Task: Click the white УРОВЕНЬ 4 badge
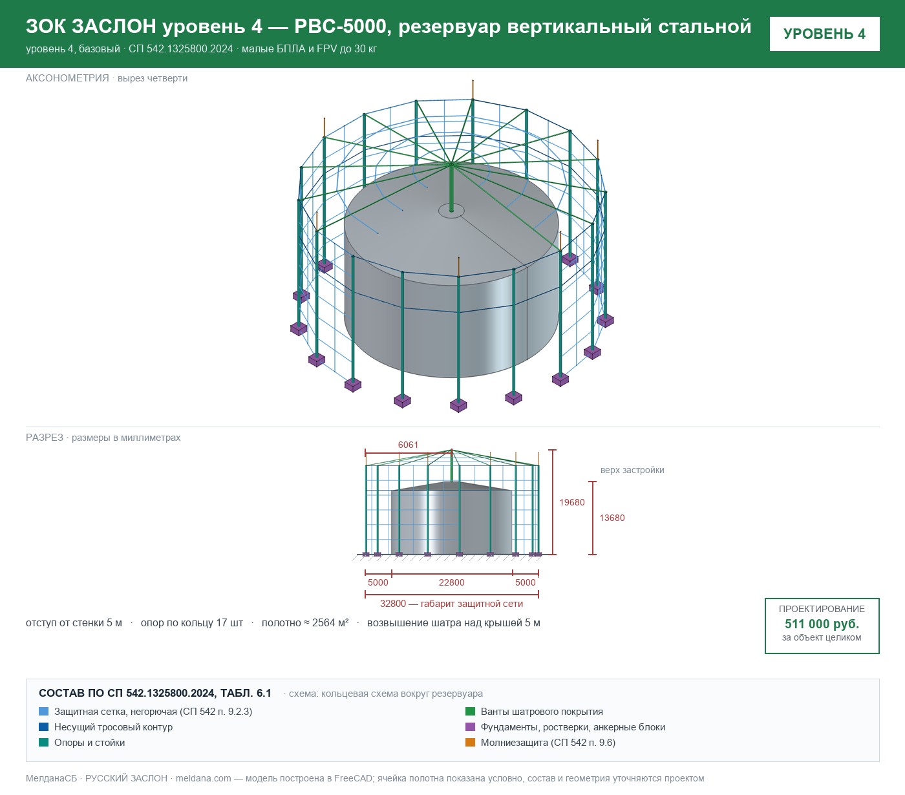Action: (x=824, y=34)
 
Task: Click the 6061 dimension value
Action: (x=408, y=445)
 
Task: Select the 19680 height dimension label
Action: (x=572, y=502)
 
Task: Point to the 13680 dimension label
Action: (x=612, y=518)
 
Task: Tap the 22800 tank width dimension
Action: (x=452, y=582)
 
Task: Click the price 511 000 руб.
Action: (x=822, y=624)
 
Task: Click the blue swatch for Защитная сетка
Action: (x=44, y=712)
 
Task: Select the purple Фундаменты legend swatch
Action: (x=470, y=727)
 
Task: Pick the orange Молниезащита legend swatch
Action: (x=470, y=743)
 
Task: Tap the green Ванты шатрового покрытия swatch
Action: (x=470, y=712)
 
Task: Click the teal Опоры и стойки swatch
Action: (x=44, y=743)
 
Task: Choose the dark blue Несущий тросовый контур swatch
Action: (x=44, y=727)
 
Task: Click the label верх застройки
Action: (x=632, y=470)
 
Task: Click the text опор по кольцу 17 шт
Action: (x=191, y=623)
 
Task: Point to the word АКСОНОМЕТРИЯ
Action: (x=67, y=78)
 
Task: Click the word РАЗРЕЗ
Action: (x=45, y=438)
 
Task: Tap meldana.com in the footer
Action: (x=203, y=778)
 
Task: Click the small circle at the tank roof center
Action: (x=451, y=211)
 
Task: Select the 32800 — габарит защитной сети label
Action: (x=451, y=604)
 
